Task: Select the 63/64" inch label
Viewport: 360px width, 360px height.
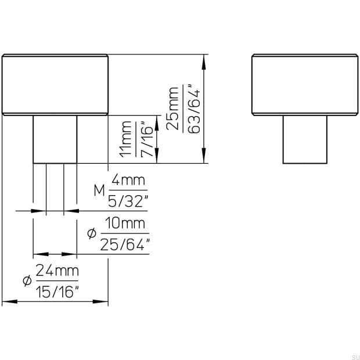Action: (194, 109)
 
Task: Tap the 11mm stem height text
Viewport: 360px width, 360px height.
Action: (126, 140)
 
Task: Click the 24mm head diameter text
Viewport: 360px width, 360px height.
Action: (57, 271)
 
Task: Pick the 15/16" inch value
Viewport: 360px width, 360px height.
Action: (57, 291)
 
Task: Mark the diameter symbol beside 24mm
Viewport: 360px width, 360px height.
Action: (26, 281)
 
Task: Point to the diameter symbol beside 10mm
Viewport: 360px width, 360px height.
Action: (91, 233)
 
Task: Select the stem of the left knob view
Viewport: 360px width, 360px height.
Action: (55, 139)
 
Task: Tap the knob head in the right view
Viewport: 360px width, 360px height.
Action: (305, 85)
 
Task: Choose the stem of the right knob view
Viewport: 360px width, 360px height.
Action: (305, 139)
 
